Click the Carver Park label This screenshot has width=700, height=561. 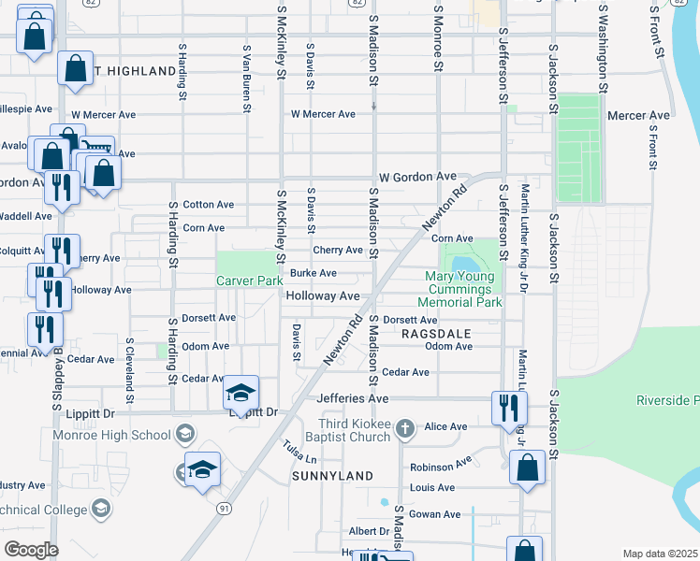tap(249, 280)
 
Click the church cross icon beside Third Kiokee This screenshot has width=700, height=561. tap(404, 429)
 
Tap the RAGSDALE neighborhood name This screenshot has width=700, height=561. tap(434, 333)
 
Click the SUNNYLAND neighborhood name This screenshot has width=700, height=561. tap(332, 476)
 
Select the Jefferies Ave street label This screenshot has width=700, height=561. tap(352, 398)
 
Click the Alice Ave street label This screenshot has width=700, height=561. tap(445, 426)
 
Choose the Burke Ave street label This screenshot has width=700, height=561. tap(313, 273)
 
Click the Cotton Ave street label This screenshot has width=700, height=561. tap(208, 205)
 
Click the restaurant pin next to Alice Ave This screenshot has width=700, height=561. tap(509, 408)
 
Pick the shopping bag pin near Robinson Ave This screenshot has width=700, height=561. tap(527, 467)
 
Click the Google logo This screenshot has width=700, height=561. tap(31, 550)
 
